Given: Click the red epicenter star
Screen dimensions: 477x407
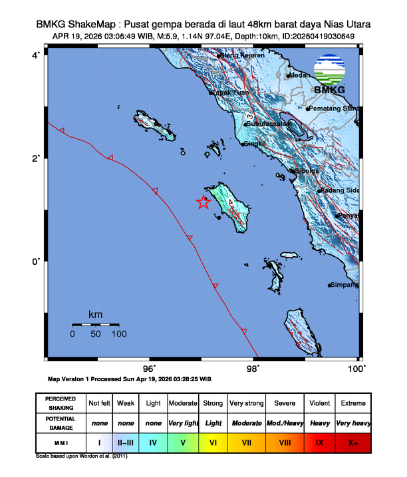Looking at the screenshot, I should pyautogui.click(x=203, y=203).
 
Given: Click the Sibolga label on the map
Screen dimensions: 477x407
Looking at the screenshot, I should pyautogui.click(x=306, y=171).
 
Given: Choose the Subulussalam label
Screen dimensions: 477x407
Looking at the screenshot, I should pyautogui.click(x=269, y=124).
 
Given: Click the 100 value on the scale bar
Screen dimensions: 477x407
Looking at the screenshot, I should pyautogui.click(x=119, y=334).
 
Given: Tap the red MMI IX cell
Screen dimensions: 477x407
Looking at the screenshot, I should pyautogui.click(x=319, y=441).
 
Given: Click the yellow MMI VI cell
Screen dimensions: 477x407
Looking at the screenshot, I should pyautogui.click(x=213, y=441).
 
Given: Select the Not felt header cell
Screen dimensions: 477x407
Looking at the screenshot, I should pyautogui.click(x=99, y=402).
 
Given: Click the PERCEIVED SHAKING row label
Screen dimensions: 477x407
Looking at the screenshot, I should pyautogui.click(x=60, y=402).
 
